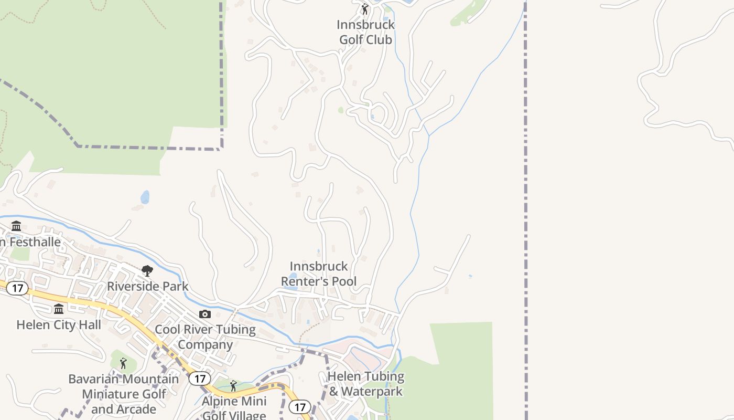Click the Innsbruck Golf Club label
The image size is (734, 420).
point(365,32)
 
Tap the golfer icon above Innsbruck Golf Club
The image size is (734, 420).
point(365,9)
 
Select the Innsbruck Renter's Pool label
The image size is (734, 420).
point(319,274)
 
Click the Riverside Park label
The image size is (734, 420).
point(147,286)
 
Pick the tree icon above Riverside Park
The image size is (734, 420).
point(147,271)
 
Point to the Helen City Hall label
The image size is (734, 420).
point(59,324)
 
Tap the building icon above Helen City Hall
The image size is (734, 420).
point(59,309)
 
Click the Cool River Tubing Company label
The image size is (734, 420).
point(205,337)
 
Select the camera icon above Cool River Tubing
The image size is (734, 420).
point(205,314)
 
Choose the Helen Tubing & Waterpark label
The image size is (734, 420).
point(365,384)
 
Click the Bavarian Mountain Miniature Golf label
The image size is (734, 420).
point(124,394)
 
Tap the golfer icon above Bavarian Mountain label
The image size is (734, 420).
point(123,363)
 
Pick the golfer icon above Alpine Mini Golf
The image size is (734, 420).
point(233,386)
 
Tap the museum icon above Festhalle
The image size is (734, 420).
point(16,226)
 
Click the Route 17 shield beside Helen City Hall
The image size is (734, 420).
point(18,288)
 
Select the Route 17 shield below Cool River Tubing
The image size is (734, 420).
point(200,378)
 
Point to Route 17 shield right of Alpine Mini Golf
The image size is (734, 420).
point(300,407)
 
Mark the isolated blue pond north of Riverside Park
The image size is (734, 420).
point(145,197)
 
